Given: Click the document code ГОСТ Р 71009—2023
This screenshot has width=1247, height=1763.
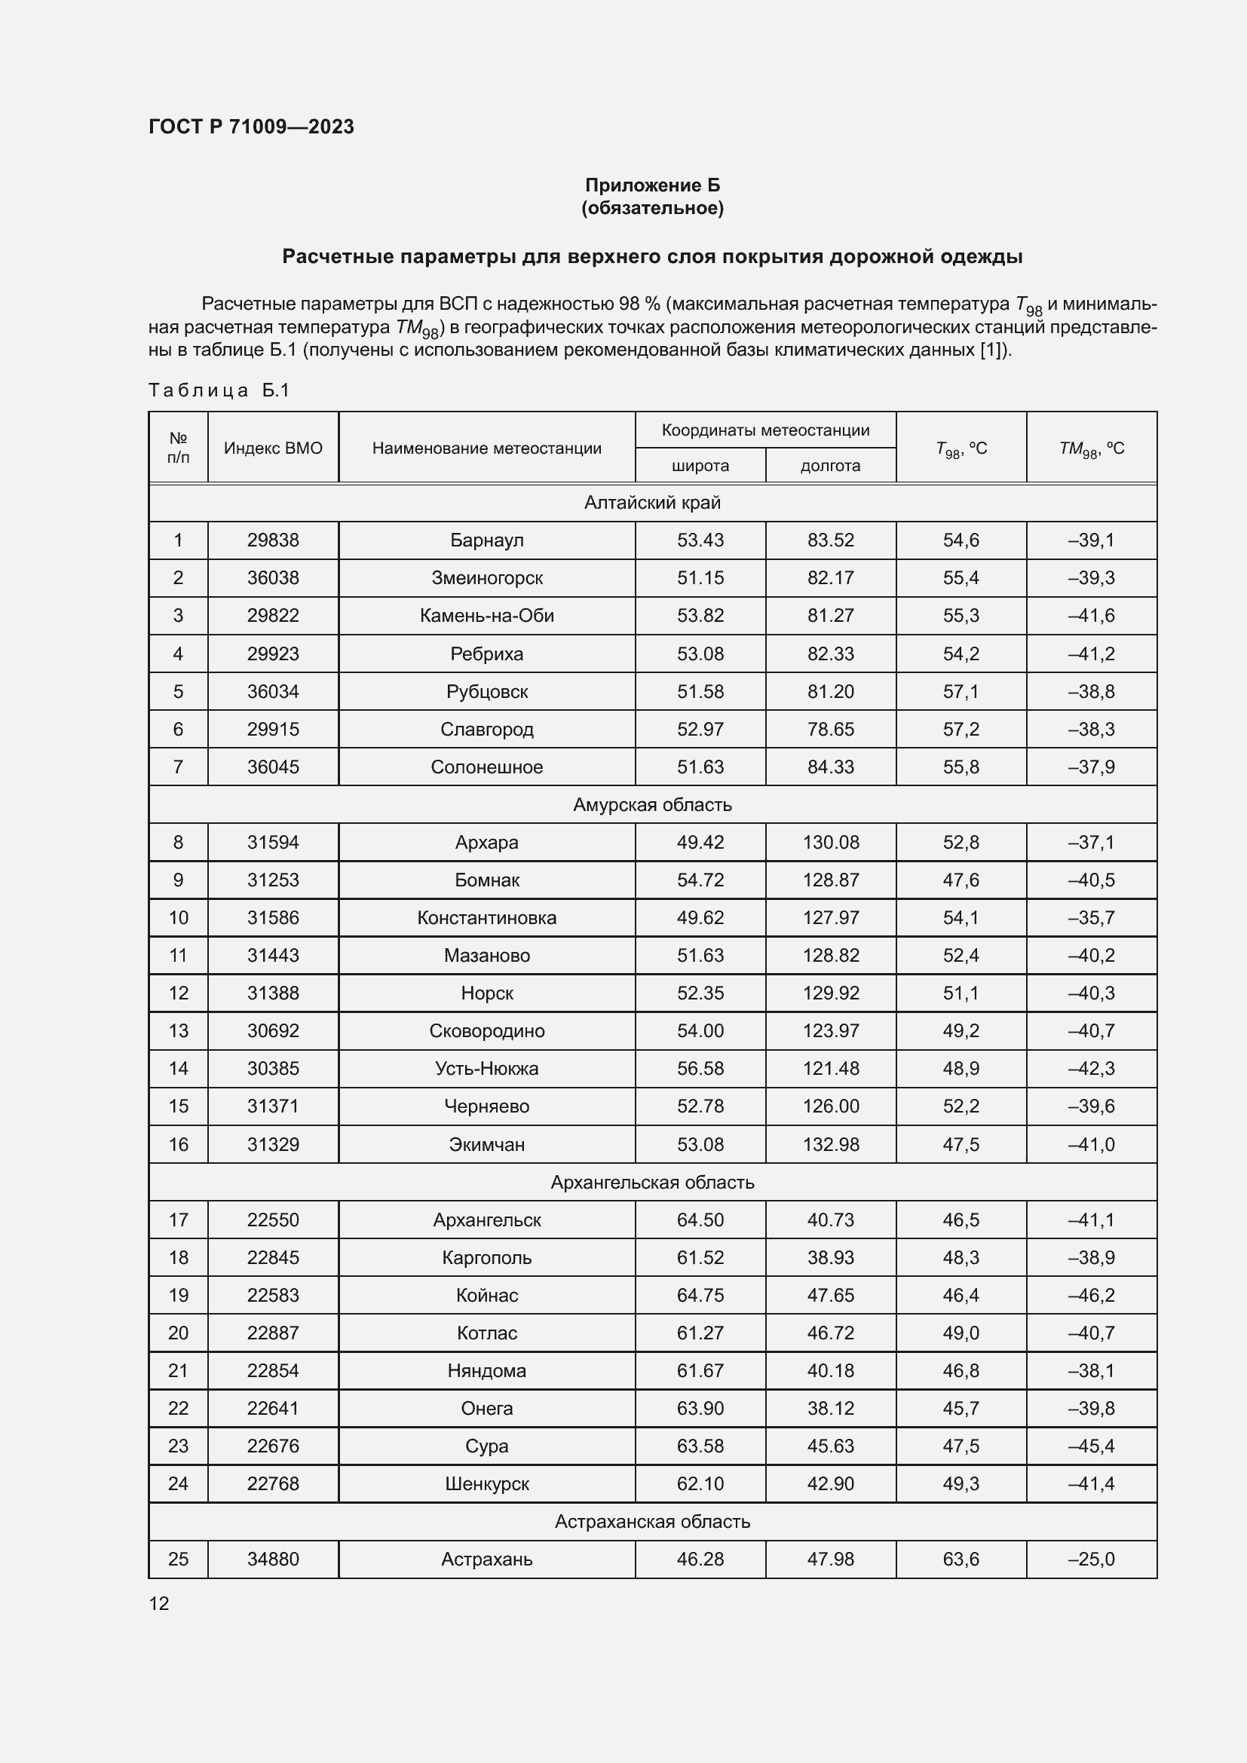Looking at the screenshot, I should (251, 127).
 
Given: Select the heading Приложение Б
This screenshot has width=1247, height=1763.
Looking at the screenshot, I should (652, 185).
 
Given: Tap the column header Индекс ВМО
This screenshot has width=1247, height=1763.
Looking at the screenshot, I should (273, 448).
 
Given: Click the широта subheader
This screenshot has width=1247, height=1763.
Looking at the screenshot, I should (700, 465).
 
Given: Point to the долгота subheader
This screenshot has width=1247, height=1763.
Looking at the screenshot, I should (830, 465).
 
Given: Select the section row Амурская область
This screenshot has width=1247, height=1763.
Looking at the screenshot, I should (652, 804).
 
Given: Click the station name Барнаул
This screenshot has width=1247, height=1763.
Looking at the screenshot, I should (487, 540).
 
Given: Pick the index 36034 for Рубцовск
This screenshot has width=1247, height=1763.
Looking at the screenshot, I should (273, 691).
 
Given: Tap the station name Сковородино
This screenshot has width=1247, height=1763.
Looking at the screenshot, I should (487, 1030).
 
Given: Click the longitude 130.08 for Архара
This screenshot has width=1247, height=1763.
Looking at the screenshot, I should (830, 843).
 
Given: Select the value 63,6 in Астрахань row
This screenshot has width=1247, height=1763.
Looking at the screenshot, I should (961, 1559).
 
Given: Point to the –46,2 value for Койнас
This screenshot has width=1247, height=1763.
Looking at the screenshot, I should (1090, 1295).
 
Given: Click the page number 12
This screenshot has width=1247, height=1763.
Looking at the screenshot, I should (159, 1603).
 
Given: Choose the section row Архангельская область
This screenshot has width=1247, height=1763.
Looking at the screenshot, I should (652, 1182).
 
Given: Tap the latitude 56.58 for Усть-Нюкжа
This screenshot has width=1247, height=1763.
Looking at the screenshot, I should (700, 1068).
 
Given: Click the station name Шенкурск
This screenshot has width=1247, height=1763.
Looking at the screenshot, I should (487, 1483).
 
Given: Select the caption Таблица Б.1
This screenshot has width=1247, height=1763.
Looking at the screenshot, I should (219, 390).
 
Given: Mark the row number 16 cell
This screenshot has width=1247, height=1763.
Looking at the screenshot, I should (178, 1144).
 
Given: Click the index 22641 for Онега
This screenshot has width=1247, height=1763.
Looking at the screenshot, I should (273, 1408).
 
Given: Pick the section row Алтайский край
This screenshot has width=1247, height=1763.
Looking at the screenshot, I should (652, 502).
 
